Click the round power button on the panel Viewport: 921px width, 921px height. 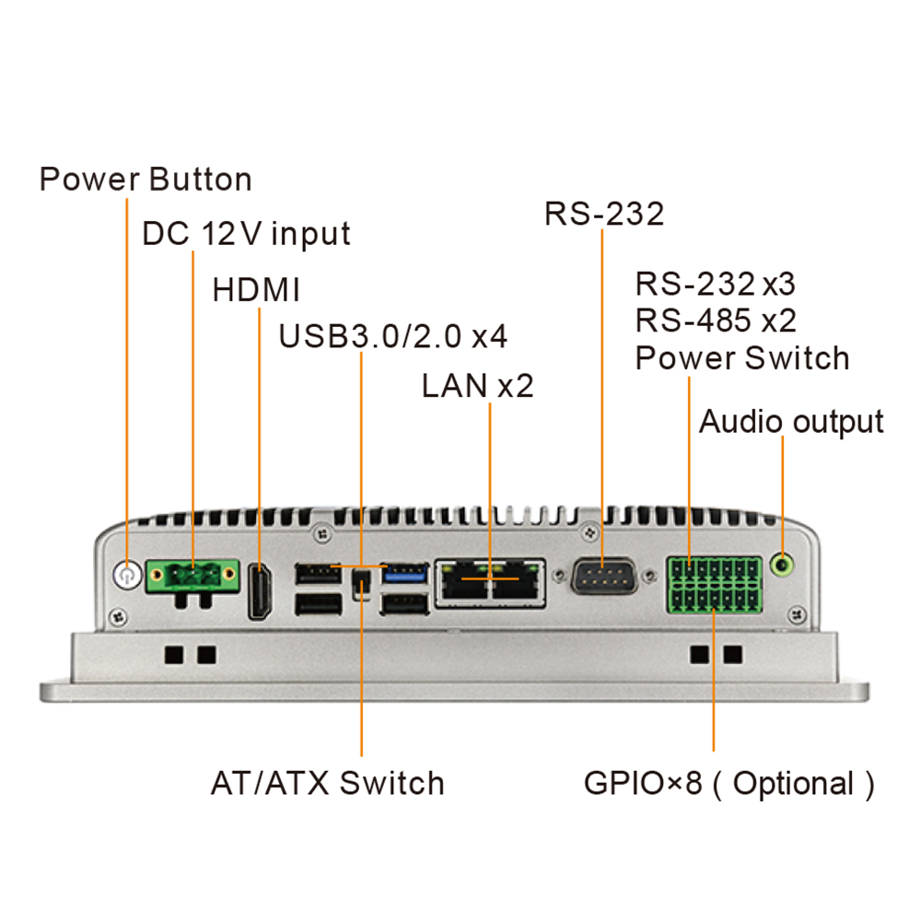coord(125,577)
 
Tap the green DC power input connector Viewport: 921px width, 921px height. coord(192,577)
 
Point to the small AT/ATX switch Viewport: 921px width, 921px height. coord(362,582)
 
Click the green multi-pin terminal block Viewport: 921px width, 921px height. coord(715,585)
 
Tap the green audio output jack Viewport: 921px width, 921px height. coord(783,561)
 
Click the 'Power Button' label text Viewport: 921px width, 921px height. coord(146,179)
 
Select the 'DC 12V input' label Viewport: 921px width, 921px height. coord(246,233)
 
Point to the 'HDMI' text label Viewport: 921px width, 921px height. coord(256,290)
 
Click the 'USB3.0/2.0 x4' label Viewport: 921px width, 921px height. coord(393,336)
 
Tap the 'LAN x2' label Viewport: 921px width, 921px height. coord(477,386)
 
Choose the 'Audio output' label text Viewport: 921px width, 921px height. coord(791,422)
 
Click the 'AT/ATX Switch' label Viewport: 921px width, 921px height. coord(328,784)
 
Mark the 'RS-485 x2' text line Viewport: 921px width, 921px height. coord(716,321)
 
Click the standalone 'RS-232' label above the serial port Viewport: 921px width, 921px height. coord(604,213)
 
